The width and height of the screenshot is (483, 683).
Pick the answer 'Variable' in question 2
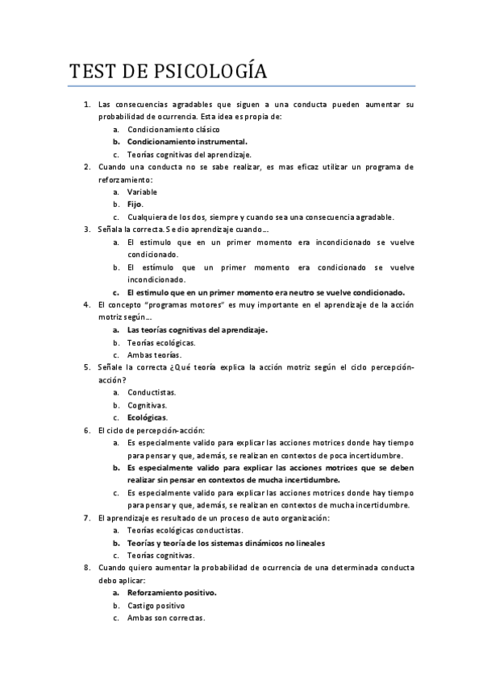pyautogui.click(x=143, y=192)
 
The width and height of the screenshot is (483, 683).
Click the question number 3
pyautogui.click(x=87, y=230)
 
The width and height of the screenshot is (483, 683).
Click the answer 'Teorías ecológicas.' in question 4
pyautogui.click(x=161, y=342)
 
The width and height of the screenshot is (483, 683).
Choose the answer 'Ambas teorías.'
pyautogui.click(x=154, y=354)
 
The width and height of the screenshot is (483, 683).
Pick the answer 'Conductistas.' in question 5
pyautogui.click(x=152, y=392)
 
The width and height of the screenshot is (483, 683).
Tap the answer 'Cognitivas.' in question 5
pyautogui.click(x=148, y=405)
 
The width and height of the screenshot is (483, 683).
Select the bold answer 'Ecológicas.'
pyautogui.click(x=148, y=417)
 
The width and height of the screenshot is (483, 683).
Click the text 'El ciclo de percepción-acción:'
pyautogui.click(x=151, y=430)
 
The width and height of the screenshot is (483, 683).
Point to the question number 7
pyautogui.click(x=87, y=518)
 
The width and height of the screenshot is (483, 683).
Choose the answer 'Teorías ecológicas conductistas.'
pyautogui.click(x=185, y=531)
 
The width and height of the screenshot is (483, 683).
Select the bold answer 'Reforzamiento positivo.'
pyautogui.click(x=172, y=593)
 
